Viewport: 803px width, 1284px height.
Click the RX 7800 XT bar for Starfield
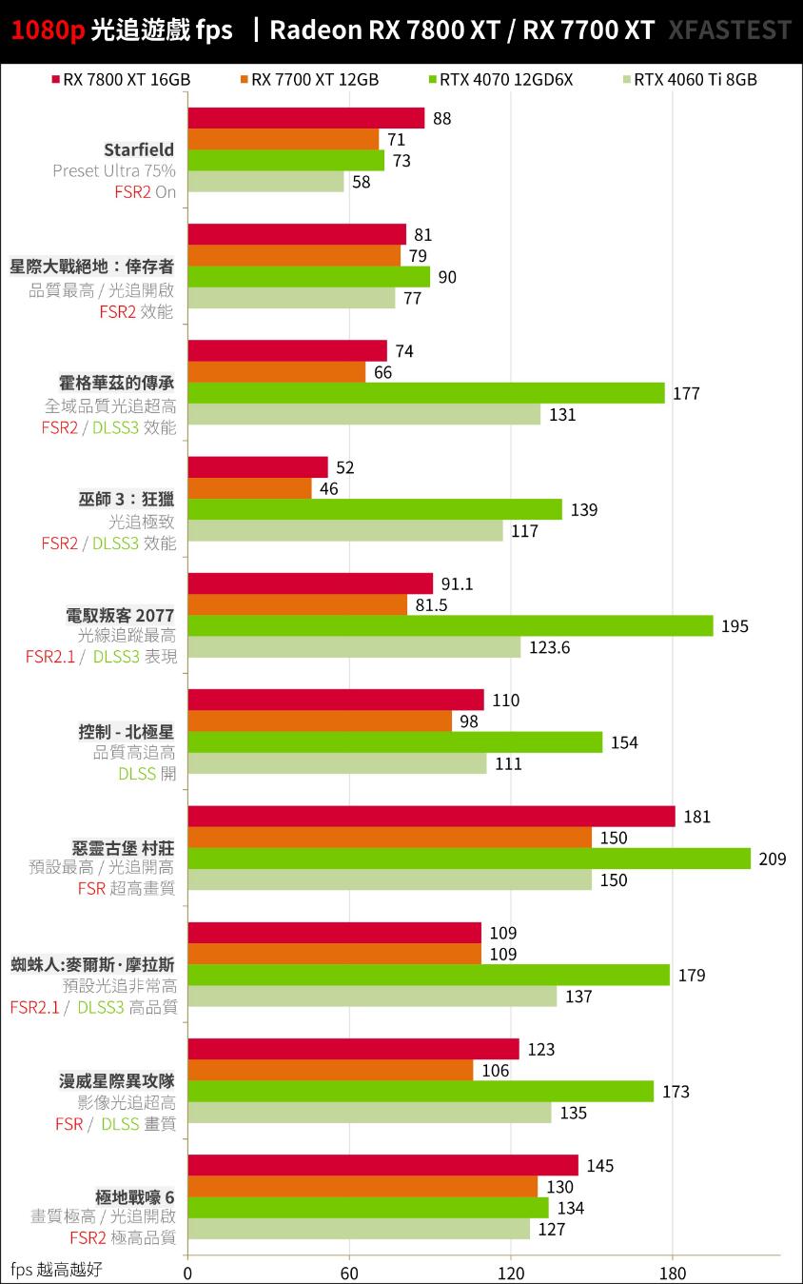[306, 118]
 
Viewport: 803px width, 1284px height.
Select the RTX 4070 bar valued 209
[469, 859]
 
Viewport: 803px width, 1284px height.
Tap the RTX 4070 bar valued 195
[450, 625]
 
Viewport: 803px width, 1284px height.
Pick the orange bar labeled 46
[250, 488]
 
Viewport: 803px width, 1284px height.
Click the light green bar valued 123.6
[354, 647]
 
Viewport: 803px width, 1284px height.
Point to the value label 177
[686, 393]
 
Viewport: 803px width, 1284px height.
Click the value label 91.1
[458, 583]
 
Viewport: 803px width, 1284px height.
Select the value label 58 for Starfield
[362, 182]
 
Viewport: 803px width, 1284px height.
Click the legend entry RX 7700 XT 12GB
[314, 80]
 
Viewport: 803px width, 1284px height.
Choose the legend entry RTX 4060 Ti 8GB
[695, 80]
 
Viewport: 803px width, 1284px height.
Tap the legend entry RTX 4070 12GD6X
[504, 80]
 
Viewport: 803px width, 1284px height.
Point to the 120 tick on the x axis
[511, 1273]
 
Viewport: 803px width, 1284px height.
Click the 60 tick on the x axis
[349, 1273]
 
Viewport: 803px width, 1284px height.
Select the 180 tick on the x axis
[673, 1273]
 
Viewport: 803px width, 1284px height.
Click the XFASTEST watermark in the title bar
[730, 30]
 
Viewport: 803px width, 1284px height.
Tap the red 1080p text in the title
[48, 30]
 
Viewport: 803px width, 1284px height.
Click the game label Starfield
[139, 149]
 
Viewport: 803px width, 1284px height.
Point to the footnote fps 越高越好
[56, 1269]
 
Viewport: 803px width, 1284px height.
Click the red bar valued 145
[382, 1165]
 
